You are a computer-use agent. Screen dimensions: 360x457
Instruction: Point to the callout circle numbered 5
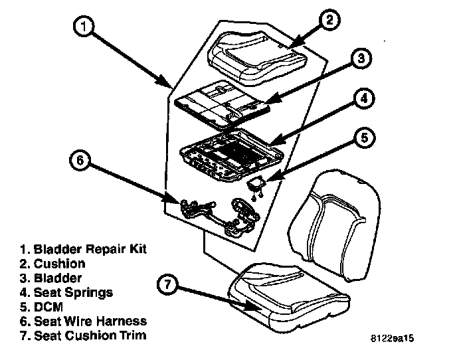[x=363, y=139]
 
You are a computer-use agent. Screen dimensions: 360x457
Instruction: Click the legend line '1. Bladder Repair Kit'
[x=83, y=249]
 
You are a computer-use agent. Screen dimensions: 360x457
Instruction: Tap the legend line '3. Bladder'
[x=51, y=278]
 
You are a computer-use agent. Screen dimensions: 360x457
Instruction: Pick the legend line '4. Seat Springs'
[x=66, y=292]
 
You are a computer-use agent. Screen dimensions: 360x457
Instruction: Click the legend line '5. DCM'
[x=43, y=306]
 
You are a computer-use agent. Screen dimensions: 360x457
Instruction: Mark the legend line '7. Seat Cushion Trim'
[x=82, y=335]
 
